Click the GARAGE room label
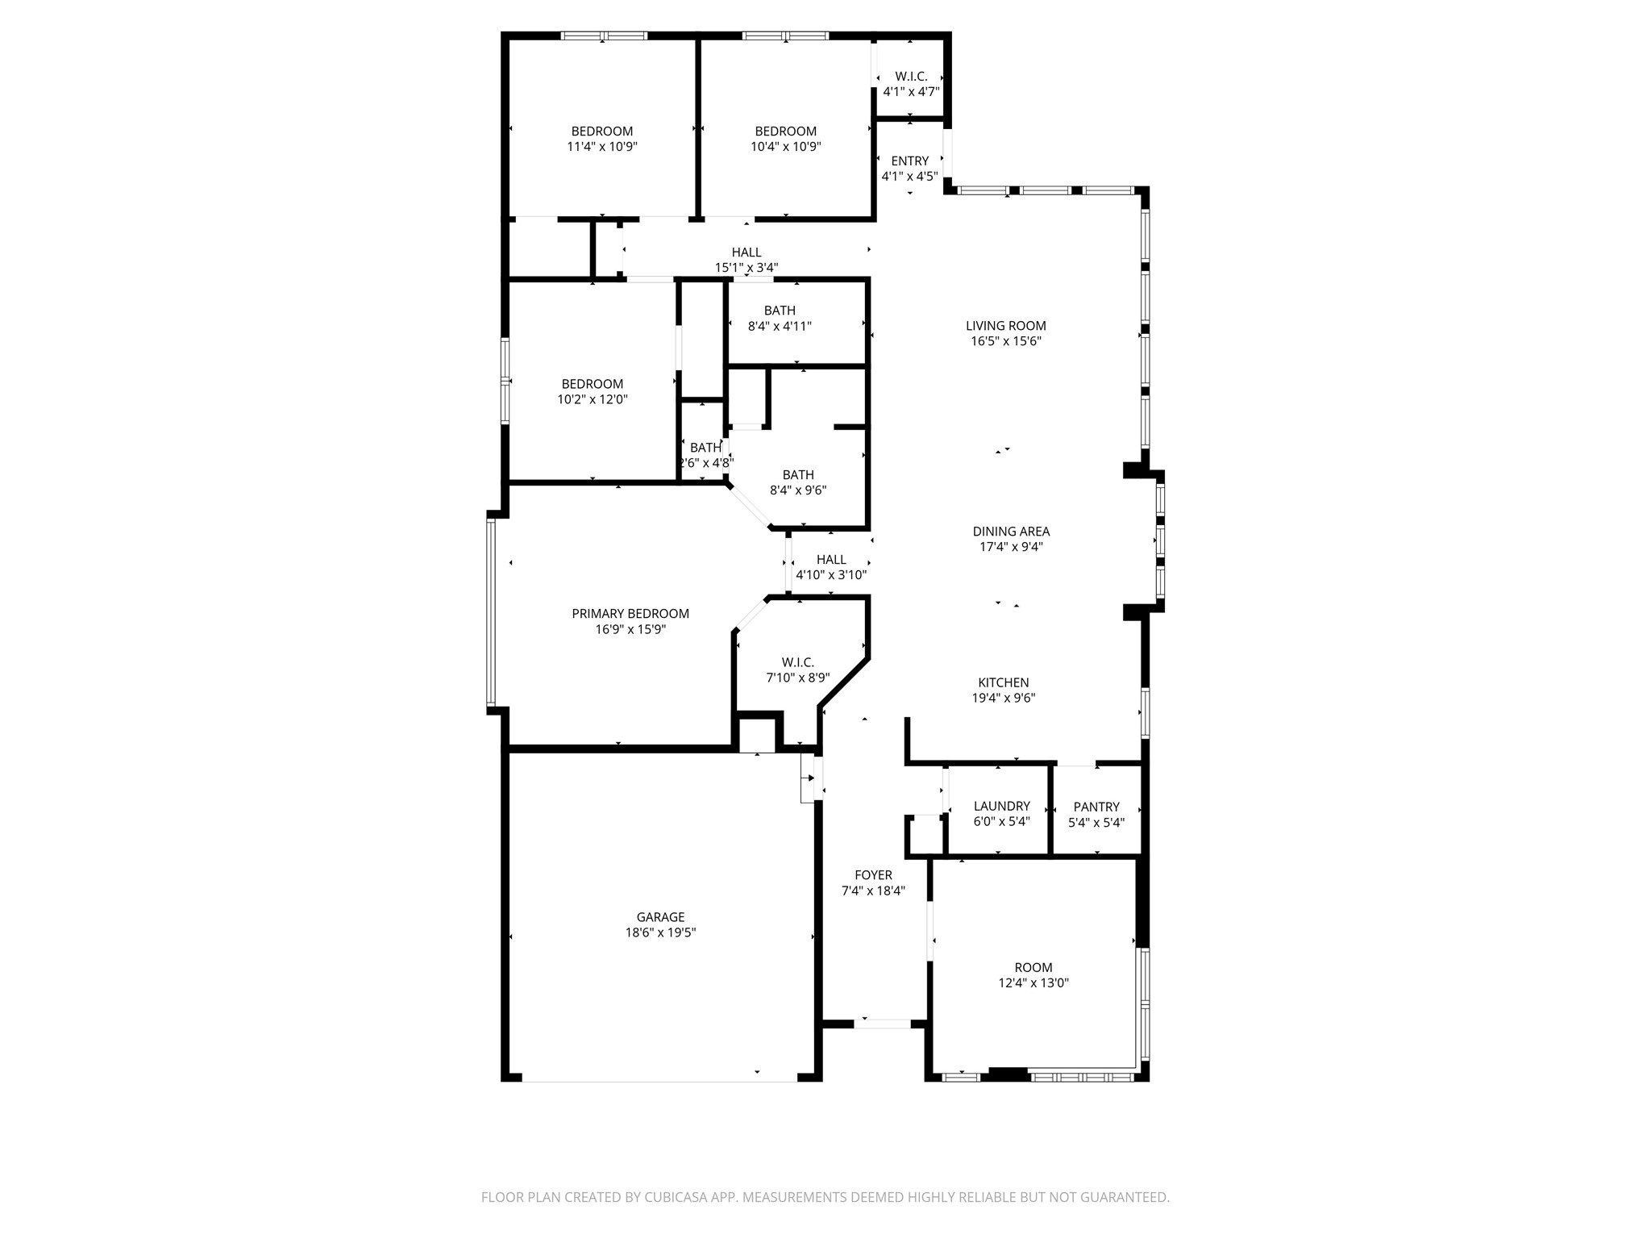660,917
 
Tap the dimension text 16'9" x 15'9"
630,629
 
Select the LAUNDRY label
1001,806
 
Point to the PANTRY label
1096,807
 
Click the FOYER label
873,875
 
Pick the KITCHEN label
1003,682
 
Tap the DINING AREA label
1011,532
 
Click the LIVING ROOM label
1006,326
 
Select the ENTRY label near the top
909,161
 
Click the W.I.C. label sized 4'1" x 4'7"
911,76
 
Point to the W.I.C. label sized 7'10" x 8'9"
797,662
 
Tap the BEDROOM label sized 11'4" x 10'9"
602,131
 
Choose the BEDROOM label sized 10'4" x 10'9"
785,131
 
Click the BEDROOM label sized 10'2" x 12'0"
593,384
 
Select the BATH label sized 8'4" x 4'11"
780,311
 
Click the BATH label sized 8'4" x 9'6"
798,475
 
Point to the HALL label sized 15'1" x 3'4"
746,252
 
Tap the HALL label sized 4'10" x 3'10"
831,560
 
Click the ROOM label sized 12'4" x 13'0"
1033,967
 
